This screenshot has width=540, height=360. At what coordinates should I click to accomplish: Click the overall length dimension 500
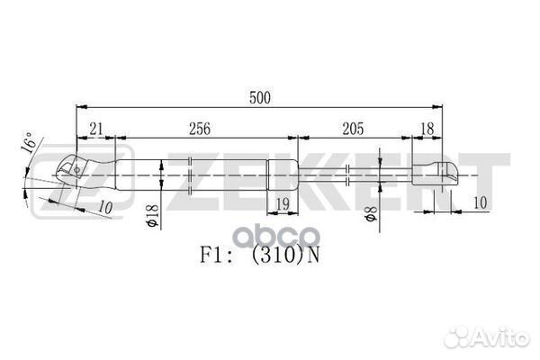pyautogui.click(x=260, y=98)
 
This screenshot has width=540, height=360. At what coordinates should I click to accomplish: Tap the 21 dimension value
pyautogui.click(x=96, y=130)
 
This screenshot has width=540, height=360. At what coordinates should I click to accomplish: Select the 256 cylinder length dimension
pyautogui.click(x=200, y=129)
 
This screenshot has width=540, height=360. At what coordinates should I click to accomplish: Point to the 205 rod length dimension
pyautogui.click(x=353, y=129)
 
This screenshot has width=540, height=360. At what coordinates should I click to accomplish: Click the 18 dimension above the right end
pyautogui.click(x=427, y=130)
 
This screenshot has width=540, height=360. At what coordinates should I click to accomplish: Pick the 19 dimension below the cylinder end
pyautogui.click(x=283, y=204)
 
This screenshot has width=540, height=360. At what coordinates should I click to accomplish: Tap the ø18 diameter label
pyautogui.click(x=153, y=216)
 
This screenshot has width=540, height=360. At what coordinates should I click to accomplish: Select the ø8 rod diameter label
pyautogui.click(x=371, y=213)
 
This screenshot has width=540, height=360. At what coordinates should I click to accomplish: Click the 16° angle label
pyautogui.click(x=28, y=142)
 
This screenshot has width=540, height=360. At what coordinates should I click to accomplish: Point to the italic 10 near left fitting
pyautogui.click(x=105, y=207)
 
